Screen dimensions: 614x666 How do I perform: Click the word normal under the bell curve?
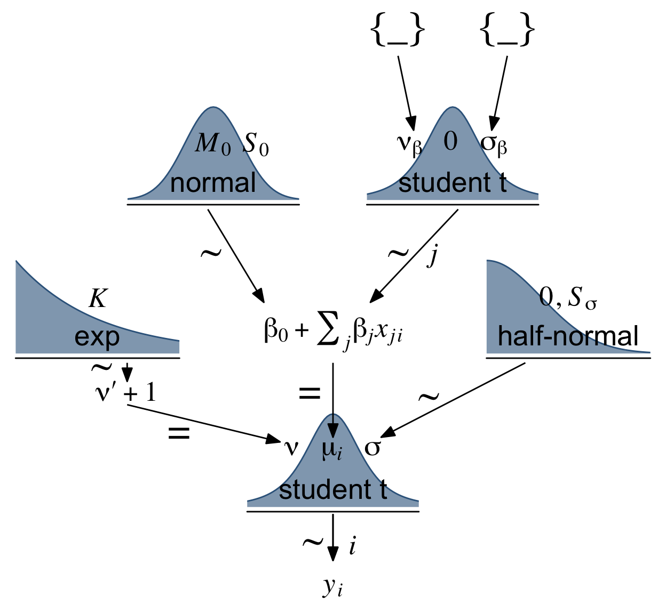(x=213, y=183)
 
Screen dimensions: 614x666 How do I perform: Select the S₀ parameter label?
(x=256, y=144)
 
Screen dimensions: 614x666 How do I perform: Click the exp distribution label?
(x=97, y=337)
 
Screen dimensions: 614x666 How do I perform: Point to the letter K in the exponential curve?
(x=98, y=298)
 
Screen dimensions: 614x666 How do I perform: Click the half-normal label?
(x=568, y=336)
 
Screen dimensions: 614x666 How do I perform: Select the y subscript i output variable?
(x=332, y=587)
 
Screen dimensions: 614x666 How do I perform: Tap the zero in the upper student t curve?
(x=451, y=142)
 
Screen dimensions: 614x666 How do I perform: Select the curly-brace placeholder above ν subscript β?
(x=398, y=30)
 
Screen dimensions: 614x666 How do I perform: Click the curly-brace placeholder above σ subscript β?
(x=507, y=30)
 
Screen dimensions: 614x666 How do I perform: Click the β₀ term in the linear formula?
(x=276, y=331)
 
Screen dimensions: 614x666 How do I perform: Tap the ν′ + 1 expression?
(x=125, y=393)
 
